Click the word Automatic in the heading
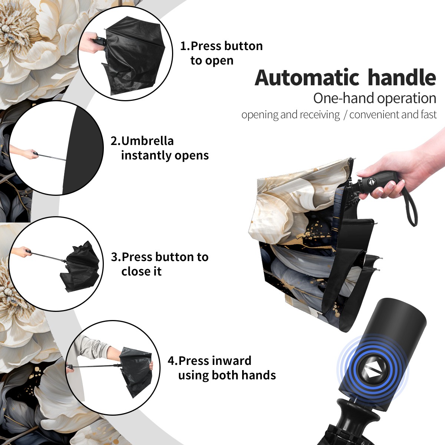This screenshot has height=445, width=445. pos(307,78)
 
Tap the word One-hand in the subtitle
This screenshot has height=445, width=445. pos(344,98)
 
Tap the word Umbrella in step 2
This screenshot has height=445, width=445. pos(147,141)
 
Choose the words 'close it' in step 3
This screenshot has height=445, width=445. pos(141,271)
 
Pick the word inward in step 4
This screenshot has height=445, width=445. pos(232,360)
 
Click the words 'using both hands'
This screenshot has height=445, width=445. pos(227,375)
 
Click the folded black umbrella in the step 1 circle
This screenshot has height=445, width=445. pos(134,57)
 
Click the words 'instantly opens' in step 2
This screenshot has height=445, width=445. pos(165,155)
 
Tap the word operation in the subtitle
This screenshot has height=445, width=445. pos(407,99)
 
